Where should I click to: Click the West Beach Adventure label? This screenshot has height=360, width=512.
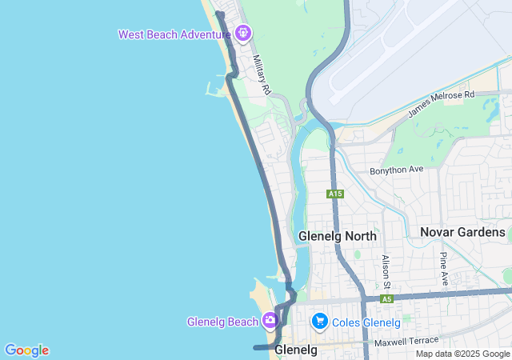point(174,34)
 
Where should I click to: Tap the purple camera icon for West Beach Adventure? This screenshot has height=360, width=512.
point(243,34)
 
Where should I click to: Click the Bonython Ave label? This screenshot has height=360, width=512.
point(396,170)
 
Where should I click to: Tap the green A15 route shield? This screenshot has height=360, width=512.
point(335,194)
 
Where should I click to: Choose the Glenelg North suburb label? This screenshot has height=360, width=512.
point(337,236)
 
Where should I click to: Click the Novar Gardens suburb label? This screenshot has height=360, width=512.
point(463,232)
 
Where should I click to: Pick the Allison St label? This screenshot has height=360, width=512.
point(386,272)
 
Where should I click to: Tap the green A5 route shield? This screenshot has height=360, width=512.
point(387,299)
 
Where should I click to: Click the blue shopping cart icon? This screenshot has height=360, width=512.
point(320,322)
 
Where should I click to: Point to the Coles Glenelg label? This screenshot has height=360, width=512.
point(367,322)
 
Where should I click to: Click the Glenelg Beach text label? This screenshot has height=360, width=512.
point(222,322)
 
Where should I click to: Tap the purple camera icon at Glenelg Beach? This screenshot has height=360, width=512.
point(270,322)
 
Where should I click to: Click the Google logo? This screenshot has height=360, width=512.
point(26,350)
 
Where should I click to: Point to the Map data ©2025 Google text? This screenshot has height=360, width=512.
point(462,354)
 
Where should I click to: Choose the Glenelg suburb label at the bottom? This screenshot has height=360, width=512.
point(296,350)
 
